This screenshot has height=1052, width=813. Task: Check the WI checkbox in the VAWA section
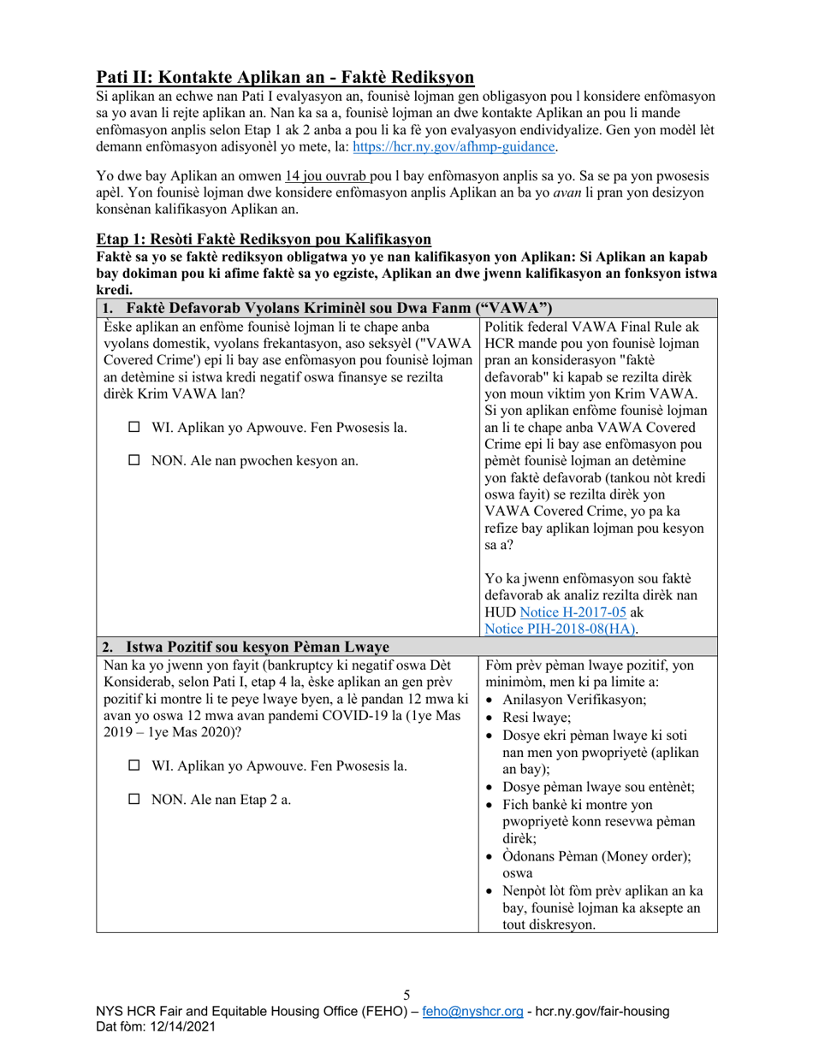[134, 427]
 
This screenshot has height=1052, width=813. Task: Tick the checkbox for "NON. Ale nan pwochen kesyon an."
[134, 460]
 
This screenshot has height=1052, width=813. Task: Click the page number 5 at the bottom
[406, 994]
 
